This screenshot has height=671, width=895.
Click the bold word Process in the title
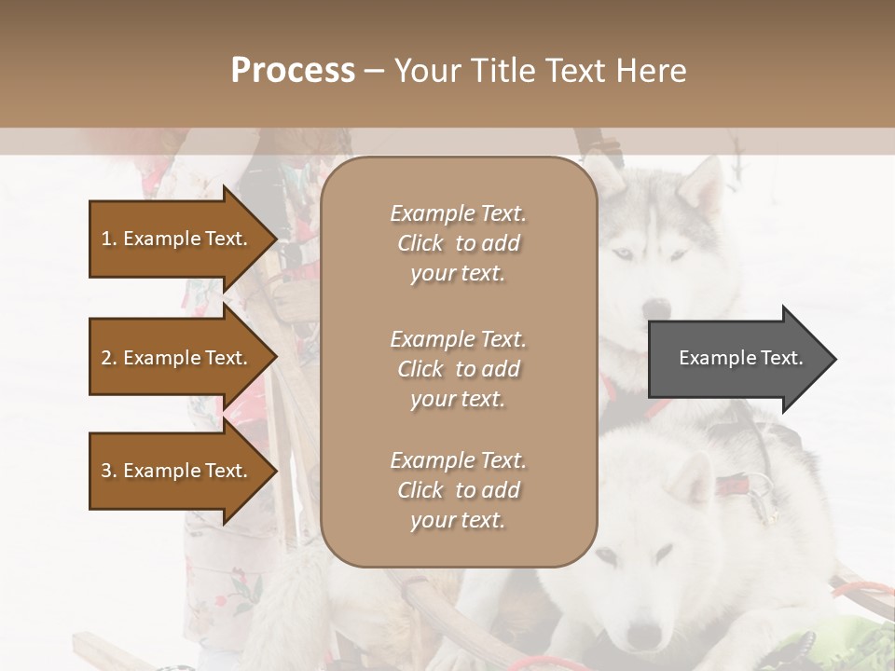coord(293,70)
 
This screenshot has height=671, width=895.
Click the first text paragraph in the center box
coord(458,243)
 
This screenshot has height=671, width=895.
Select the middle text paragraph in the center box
coord(458,368)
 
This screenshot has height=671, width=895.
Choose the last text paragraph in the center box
coord(458,490)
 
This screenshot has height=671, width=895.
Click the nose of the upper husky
coord(657,308)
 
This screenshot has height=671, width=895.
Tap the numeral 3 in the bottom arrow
coord(106,471)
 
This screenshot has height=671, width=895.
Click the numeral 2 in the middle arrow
coord(106,358)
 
